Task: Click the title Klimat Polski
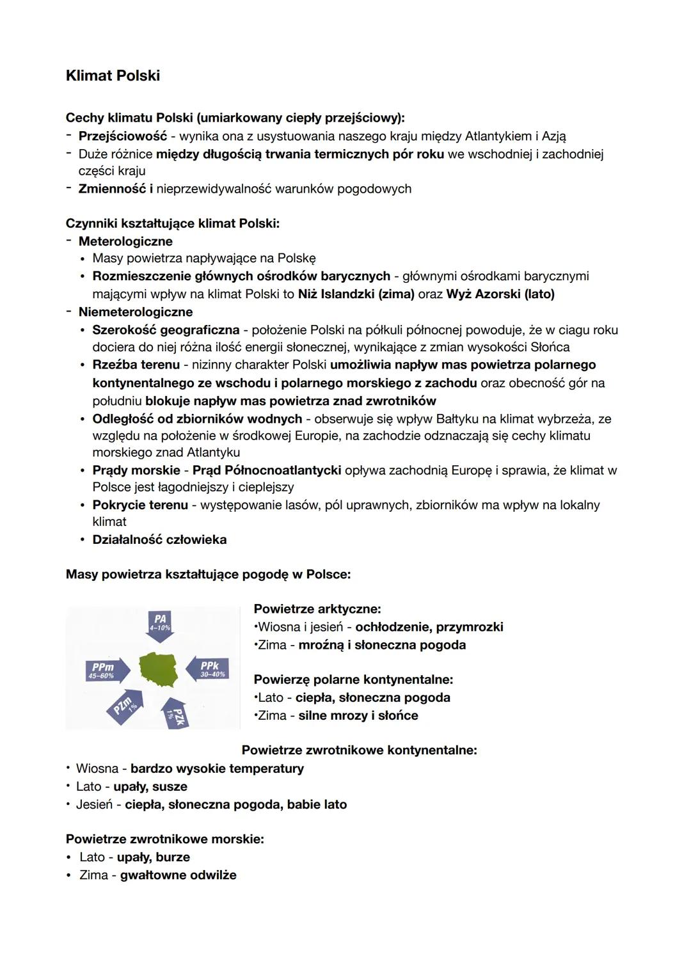tap(113, 75)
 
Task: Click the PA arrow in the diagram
tap(159, 623)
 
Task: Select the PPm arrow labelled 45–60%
tap(106, 670)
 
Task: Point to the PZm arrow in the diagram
tap(125, 706)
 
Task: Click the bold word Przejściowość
tap(122, 136)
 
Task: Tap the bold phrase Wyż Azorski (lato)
tap(500, 294)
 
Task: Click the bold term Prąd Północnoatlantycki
tap(266, 470)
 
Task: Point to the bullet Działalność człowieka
tap(159, 539)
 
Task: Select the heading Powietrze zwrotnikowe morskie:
tap(164, 839)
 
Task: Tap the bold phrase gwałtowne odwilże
tap(178, 875)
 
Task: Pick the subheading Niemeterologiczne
tap(135, 312)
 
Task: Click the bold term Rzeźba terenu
tap(136, 365)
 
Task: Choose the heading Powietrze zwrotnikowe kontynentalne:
tap(359, 750)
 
